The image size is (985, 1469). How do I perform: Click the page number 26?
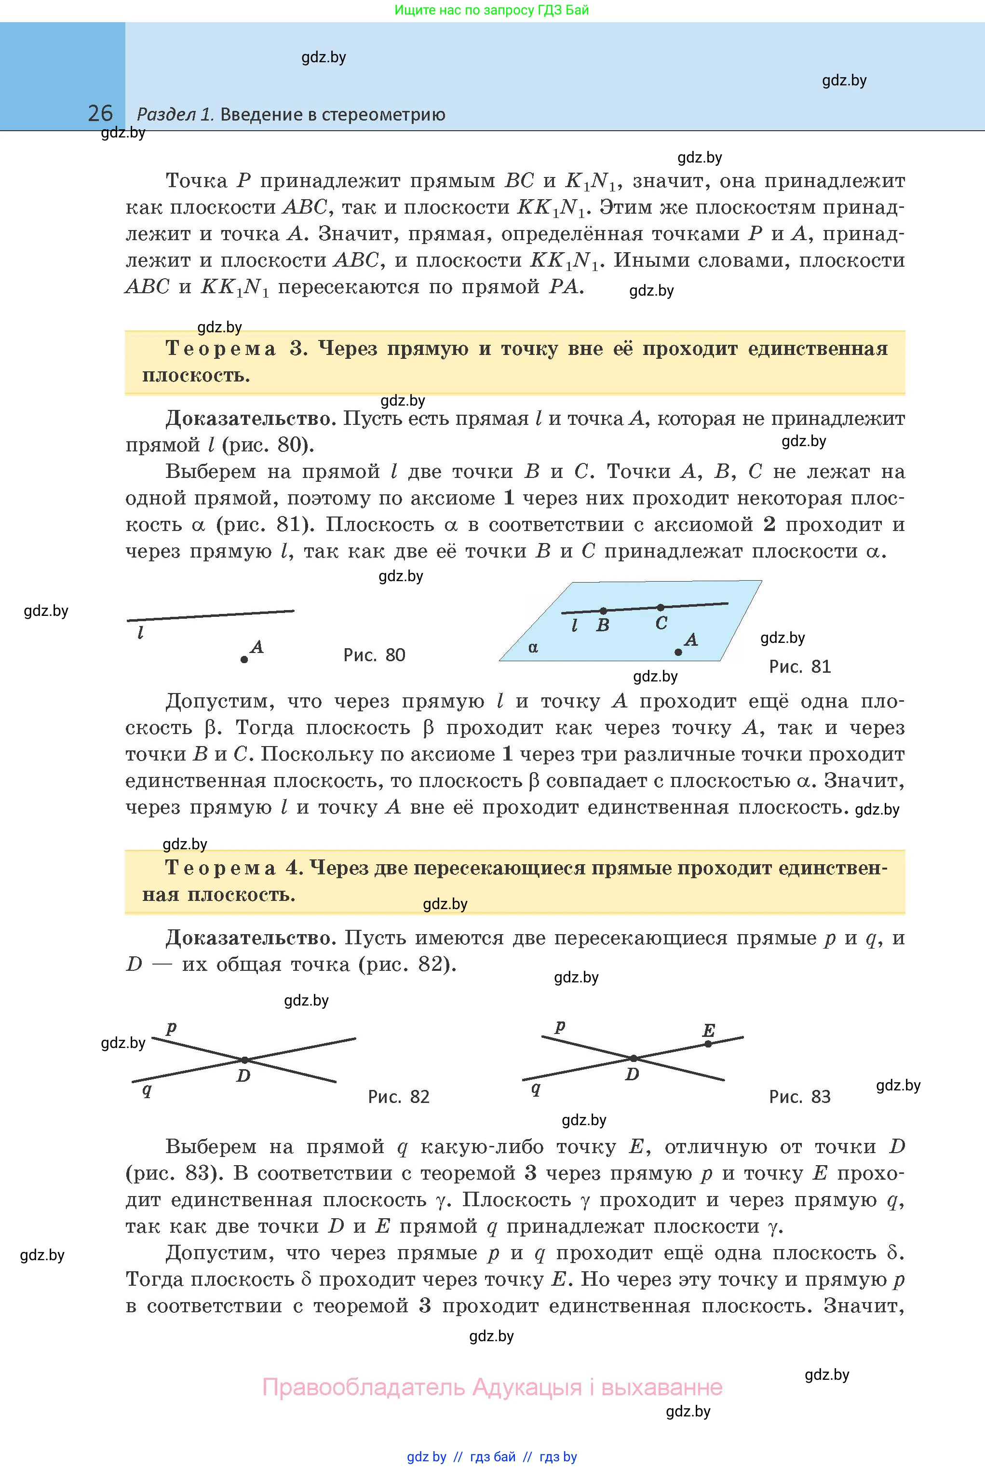100,113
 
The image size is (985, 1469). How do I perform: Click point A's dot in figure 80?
244,659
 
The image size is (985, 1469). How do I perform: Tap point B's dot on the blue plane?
603,611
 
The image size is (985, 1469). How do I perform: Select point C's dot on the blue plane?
660,608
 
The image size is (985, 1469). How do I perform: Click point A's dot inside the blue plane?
678,652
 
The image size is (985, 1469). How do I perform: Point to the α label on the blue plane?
533,647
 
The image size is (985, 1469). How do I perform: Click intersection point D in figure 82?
245,1060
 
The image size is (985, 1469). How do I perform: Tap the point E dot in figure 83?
708,1044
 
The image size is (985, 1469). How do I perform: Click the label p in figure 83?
560,1026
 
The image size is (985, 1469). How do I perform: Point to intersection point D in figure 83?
634,1059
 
